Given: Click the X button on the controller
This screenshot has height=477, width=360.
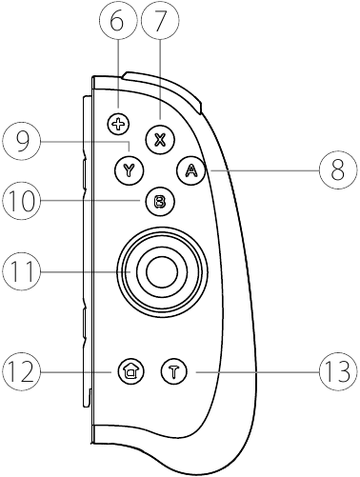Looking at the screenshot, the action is tap(160, 139).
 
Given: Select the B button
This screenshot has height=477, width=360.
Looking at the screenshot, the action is tap(159, 201).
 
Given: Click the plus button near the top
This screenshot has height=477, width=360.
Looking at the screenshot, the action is tap(118, 123).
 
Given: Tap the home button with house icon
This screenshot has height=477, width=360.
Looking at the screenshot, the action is tap(129, 370).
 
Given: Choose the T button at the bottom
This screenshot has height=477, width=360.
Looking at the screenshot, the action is tap(173, 370).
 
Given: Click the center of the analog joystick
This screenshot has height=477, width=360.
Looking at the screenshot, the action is tap(159, 269).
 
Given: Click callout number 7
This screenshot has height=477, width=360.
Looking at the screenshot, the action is tap(159, 21).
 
